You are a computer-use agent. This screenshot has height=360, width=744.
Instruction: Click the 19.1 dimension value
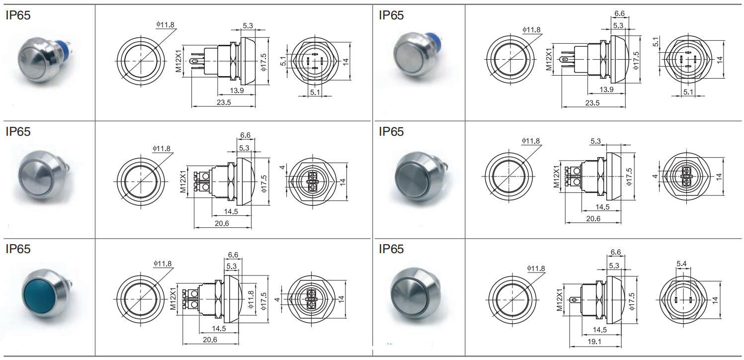click(594, 342)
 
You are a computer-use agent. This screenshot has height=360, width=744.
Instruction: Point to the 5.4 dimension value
click(681, 264)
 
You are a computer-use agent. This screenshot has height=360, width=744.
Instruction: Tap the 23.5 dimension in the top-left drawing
click(224, 102)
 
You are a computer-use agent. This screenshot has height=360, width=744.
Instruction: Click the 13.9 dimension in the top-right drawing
click(606, 90)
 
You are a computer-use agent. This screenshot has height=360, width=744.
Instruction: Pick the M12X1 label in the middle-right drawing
click(557, 177)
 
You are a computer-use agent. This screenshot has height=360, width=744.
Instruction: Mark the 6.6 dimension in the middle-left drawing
click(245, 135)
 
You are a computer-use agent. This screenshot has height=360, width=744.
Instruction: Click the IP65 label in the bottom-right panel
click(391, 249)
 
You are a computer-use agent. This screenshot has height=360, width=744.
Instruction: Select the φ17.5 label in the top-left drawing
click(264, 63)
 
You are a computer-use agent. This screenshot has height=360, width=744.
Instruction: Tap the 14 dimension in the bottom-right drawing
click(715, 300)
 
